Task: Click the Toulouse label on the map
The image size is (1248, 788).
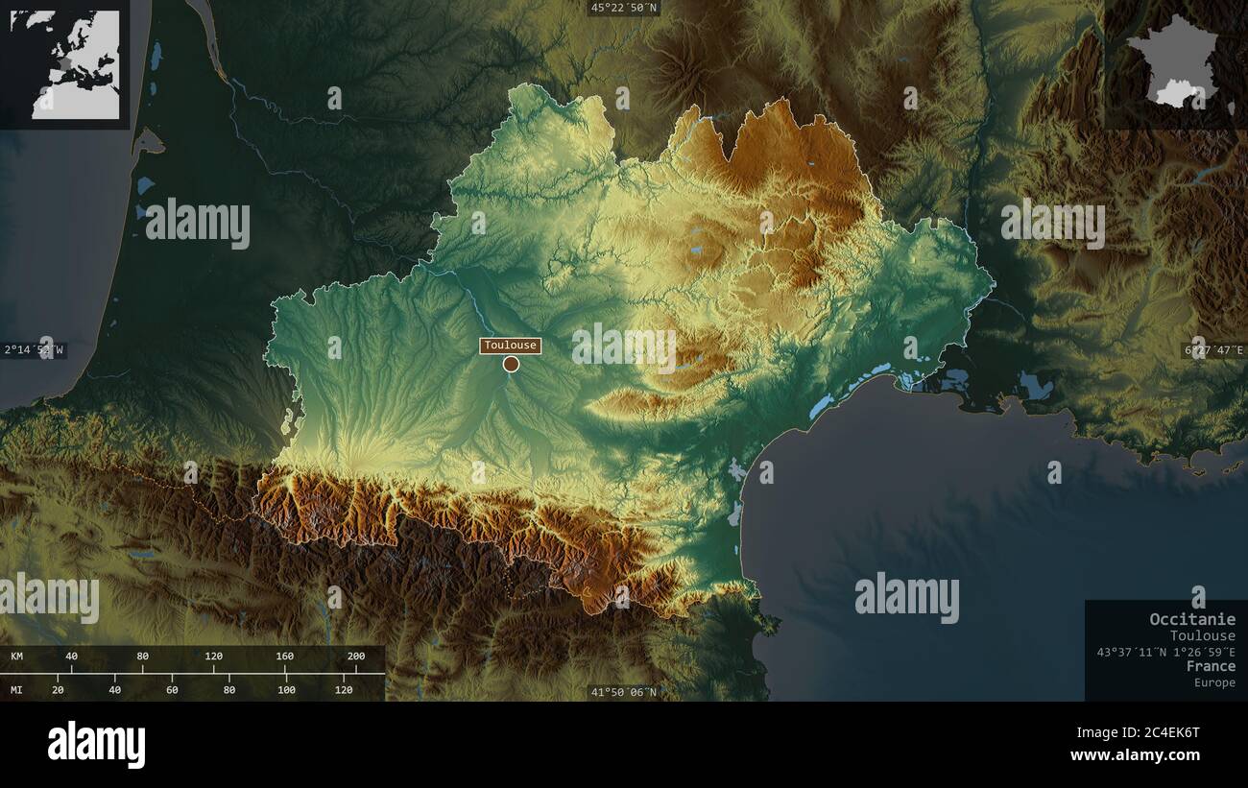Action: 511,346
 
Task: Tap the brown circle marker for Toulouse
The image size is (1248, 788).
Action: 511,364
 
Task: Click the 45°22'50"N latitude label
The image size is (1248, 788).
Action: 624,8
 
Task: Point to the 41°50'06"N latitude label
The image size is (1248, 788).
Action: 624,692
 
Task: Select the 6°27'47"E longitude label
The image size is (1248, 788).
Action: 1213,350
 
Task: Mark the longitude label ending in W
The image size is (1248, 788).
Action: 35,350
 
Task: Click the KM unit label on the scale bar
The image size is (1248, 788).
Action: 17,657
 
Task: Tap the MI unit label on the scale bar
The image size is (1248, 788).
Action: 17,689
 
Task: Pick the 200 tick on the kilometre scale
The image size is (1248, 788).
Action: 356,657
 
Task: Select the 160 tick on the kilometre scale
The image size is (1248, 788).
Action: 285,657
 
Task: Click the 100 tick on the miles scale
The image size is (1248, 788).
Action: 286,689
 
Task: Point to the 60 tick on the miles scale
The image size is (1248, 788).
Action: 172,689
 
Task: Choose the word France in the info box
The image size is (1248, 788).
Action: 1211,666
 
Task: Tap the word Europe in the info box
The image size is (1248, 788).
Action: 1214,682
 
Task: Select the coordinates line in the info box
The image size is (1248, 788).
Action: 1166,652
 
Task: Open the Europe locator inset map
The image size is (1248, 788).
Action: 65,64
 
